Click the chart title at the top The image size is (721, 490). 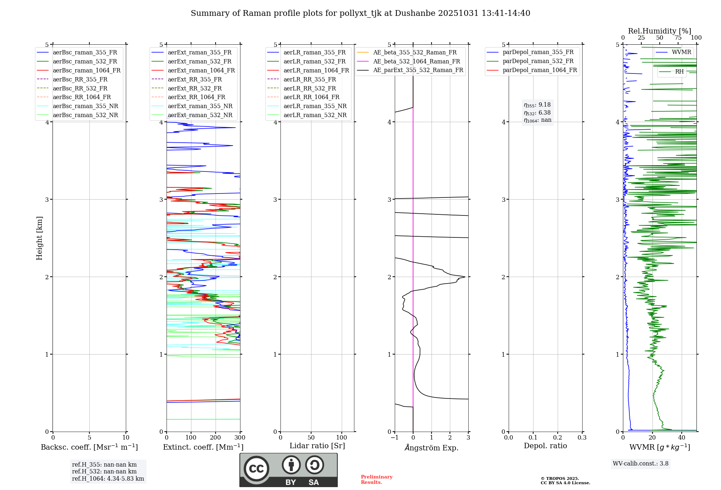click(x=360, y=13)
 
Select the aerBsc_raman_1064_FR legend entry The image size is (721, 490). click(x=87, y=71)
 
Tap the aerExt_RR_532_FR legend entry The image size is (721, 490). click(x=195, y=88)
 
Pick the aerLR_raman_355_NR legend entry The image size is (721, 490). click(x=315, y=106)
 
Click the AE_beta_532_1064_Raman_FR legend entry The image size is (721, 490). click(x=416, y=62)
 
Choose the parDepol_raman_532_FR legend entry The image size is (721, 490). click(x=538, y=61)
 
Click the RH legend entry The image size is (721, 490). click(x=679, y=72)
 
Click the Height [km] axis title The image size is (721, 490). click(x=39, y=238)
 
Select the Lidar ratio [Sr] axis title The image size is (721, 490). click(x=317, y=446)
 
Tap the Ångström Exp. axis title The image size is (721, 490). click(x=432, y=448)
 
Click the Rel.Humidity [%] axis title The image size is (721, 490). click(x=659, y=31)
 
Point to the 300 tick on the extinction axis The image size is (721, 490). click(x=240, y=438)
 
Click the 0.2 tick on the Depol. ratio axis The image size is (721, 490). click(x=558, y=438)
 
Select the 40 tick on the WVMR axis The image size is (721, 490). click(x=682, y=438)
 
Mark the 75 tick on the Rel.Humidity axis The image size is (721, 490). click(x=678, y=38)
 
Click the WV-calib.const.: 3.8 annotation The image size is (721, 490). click(x=641, y=464)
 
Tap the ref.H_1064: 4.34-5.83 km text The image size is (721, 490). click(x=108, y=479)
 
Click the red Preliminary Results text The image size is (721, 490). click(x=376, y=480)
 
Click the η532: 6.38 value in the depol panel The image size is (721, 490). click(x=538, y=113)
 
